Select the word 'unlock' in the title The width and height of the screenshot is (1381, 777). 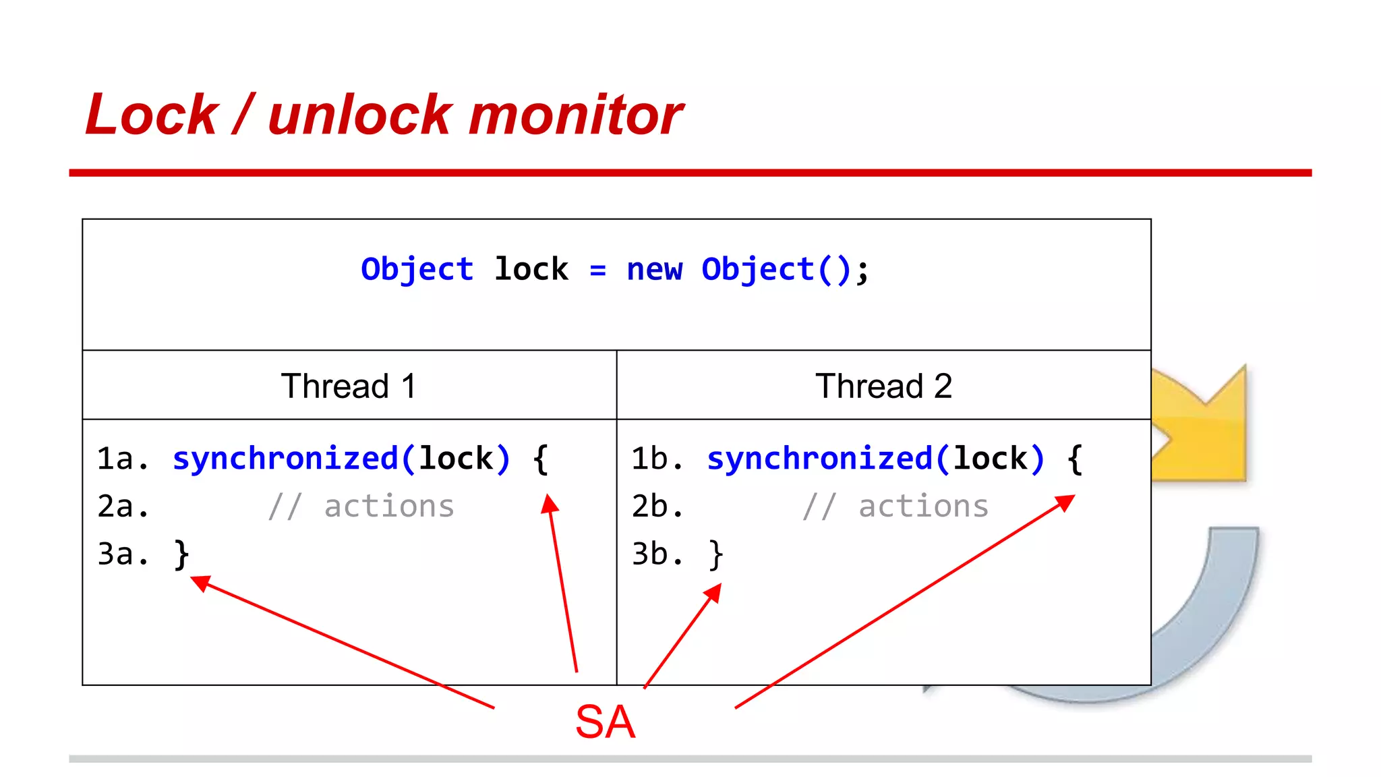[359, 115]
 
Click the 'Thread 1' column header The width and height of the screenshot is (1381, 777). [349, 386]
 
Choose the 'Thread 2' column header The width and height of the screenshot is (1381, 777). [883, 386]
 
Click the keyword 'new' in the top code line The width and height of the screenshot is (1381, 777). [654, 270]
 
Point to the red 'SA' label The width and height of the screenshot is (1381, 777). [605, 722]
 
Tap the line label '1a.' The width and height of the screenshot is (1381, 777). [122, 459]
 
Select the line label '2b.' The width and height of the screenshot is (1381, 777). [657, 507]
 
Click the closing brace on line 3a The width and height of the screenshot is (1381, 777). [181, 554]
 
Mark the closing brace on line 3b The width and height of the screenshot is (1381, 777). [715, 554]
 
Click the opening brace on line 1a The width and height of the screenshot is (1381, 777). [540, 459]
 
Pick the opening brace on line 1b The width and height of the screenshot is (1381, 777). [1075, 459]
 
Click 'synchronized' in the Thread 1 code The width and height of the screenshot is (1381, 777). [286, 459]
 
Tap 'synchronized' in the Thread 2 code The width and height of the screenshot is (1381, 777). [820, 459]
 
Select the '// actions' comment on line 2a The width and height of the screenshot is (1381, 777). [361, 507]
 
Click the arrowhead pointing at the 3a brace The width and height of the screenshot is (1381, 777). [200, 582]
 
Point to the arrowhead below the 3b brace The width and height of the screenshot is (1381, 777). [713, 593]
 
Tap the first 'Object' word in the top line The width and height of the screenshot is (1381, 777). [417, 270]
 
